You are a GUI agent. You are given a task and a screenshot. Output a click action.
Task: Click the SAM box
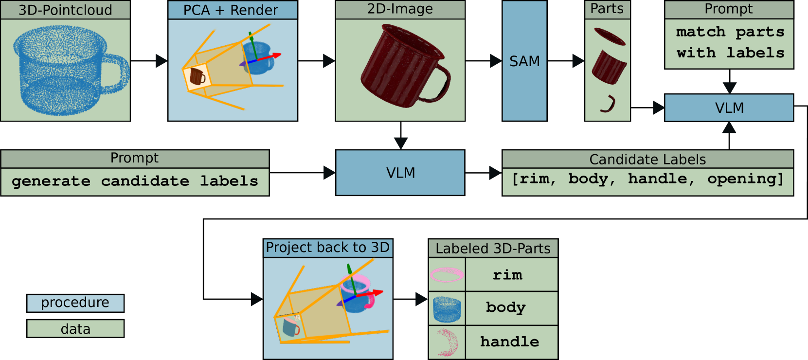pyautogui.click(x=524, y=61)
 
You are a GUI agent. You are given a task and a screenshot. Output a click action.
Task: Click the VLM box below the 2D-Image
pyautogui.click(x=400, y=173)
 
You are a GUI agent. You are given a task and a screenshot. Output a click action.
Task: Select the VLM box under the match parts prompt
pyautogui.click(x=729, y=108)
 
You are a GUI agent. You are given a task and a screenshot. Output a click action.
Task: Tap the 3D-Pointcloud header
pyautogui.click(x=65, y=10)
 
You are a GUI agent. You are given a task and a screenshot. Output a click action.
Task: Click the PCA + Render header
pyautogui.click(x=233, y=10)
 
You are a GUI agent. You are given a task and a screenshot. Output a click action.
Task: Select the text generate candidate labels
pyautogui.click(x=135, y=181)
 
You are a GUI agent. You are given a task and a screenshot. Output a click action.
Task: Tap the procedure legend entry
pyautogui.click(x=75, y=303)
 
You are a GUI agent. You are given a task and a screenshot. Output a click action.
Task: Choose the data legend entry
pyautogui.click(x=75, y=329)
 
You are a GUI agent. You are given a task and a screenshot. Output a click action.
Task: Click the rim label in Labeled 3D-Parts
pyautogui.click(x=507, y=275)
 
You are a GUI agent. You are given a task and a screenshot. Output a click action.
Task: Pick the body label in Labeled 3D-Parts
pyautogui.click(x=506, y=307)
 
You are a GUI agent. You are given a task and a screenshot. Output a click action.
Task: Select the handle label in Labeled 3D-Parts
pyautogui.click(x=509, y=342)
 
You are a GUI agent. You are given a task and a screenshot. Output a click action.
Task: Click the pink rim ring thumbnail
pyautogui.click(x=447, y=275)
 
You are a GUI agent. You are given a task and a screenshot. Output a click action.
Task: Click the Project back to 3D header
pyautogui.click(x=327, y=248)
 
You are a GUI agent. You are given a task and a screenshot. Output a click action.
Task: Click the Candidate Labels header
pyautogui.click(x=647, y=159)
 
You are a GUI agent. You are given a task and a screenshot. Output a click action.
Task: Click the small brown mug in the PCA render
pyautogui.click(x=197, y=77)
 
